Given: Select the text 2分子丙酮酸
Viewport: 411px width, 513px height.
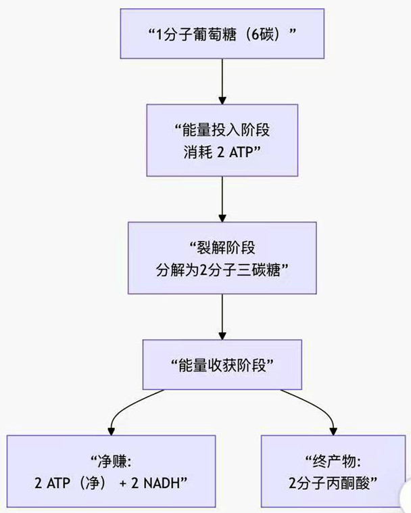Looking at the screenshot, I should [332, 483].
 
